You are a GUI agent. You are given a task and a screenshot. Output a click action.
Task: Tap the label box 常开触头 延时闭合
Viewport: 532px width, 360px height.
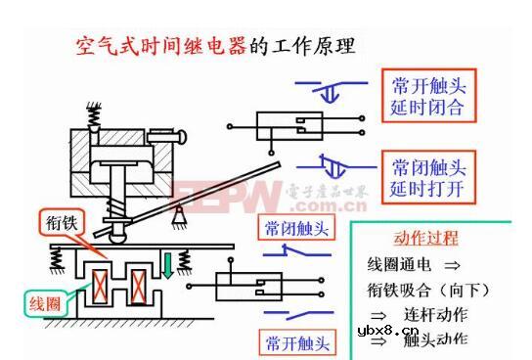point(427,94)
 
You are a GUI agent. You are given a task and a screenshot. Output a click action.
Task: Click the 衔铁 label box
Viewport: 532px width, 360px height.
point(60,223)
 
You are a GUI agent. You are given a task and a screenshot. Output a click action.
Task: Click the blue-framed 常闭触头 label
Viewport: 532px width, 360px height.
point(297,228)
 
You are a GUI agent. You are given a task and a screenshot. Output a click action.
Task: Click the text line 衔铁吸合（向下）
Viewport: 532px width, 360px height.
point(428,290)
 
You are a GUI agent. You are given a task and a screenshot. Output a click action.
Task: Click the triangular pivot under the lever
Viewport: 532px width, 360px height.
point(178,212)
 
